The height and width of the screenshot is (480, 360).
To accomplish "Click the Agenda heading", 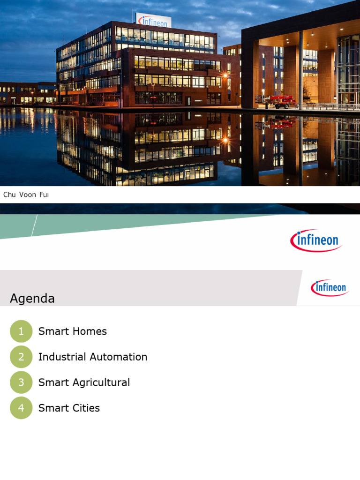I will (32, 299).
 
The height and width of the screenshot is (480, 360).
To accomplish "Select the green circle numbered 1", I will (21, 331).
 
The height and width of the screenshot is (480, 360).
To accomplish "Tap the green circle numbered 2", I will (21, 357).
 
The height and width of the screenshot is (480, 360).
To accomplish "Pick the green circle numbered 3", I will (21, 382).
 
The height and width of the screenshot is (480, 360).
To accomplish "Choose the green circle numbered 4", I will (21, 408).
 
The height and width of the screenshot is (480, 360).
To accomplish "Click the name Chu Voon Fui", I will (26, 195).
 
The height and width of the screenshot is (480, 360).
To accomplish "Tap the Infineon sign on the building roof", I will (153, 20).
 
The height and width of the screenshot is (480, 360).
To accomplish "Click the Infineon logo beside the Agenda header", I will (330, 287).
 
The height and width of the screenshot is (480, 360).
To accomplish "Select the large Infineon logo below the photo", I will (316, 241).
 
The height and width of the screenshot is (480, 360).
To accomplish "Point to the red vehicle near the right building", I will (281, 101).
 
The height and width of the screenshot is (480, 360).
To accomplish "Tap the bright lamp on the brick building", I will (225, 75).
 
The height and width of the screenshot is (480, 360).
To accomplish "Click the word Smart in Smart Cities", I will (50, 408).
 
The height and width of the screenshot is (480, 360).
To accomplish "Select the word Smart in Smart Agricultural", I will (50, 382).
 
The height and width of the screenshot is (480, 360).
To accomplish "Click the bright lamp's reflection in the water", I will (225, 140).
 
